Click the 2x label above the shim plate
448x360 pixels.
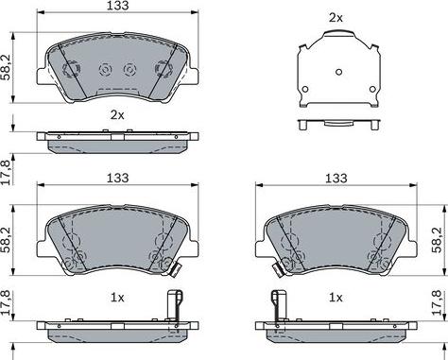336,18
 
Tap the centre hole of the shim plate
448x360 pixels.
338,72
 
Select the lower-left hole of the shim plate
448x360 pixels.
304,89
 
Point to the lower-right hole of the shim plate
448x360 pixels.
372,89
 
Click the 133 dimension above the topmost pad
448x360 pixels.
117,6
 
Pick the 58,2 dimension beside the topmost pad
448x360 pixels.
7,67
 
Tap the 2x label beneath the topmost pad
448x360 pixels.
117,115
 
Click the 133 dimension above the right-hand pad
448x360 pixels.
336,179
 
